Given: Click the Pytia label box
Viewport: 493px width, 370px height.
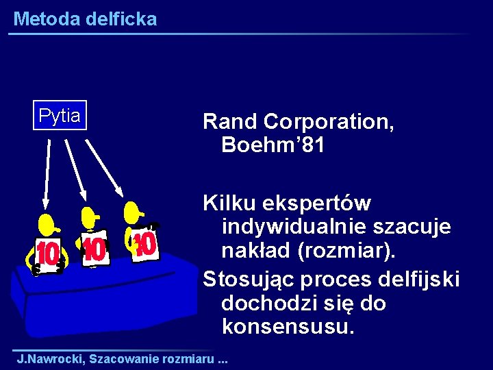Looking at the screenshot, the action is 60,116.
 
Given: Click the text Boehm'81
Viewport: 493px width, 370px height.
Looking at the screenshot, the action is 273,145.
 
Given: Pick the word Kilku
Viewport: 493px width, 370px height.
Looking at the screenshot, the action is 229,203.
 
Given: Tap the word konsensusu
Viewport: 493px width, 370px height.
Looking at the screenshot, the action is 288,326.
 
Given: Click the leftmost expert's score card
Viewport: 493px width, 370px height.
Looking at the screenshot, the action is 48,254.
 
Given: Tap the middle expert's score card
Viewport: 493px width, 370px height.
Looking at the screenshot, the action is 94,249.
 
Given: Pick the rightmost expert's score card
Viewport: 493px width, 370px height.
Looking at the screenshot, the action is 144,243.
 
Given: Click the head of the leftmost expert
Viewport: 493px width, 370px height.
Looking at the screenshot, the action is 47,223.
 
